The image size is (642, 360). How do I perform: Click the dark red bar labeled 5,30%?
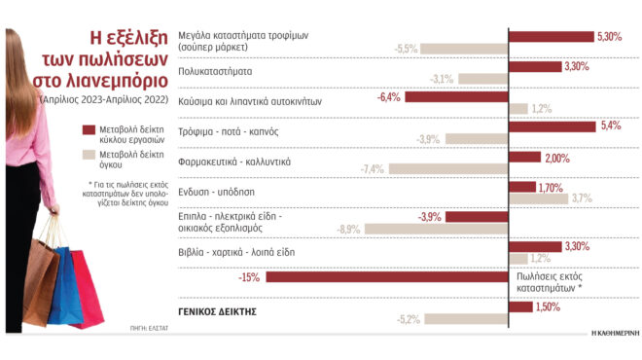click(551, 36)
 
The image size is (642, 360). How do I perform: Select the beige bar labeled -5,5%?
click(465, 49)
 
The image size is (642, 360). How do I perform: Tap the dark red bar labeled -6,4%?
click(456, 96)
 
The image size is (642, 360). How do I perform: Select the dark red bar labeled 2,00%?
click(525, 158)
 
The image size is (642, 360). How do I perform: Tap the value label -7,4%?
click(373, 169)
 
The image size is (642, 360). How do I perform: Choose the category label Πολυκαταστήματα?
click(217, 71)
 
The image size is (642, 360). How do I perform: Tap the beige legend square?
click(89, 154)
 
